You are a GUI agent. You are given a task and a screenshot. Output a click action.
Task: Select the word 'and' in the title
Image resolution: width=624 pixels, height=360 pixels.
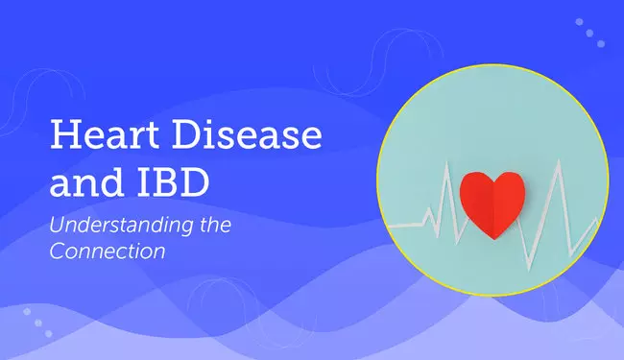[x=77, y=183]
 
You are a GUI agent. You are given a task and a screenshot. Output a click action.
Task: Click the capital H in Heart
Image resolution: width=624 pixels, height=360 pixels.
[x=63, y=137]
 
